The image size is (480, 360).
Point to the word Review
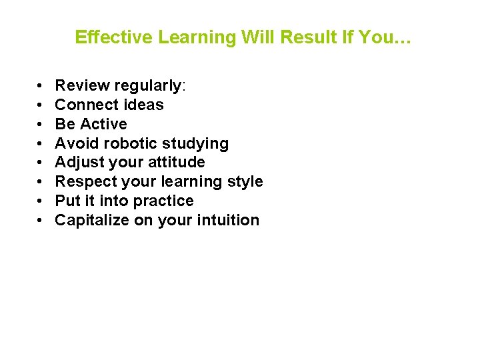82,85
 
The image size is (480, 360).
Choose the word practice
165,201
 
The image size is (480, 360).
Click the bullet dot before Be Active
41,125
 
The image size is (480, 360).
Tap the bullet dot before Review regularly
41,86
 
